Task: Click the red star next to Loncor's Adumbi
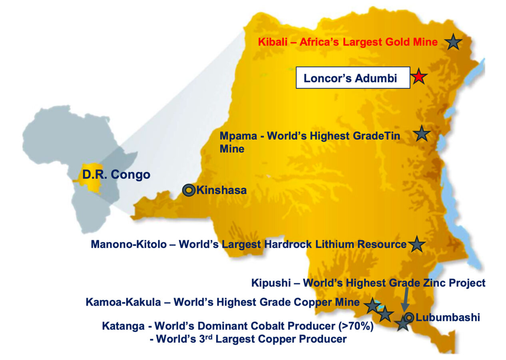click(x=418, y=76)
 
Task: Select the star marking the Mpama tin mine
click(x=421, y=133)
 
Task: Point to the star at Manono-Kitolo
click(x=416, y=244)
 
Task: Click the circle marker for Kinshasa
click(x=188, y=190)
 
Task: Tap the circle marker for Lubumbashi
click(x=409, y=318)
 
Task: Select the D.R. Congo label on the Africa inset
click(x=116, y=175)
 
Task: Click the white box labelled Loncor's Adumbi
click(x=353, y=78)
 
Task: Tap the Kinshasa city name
click(x=221, y=190)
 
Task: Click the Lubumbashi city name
click(x=447, y=318)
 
